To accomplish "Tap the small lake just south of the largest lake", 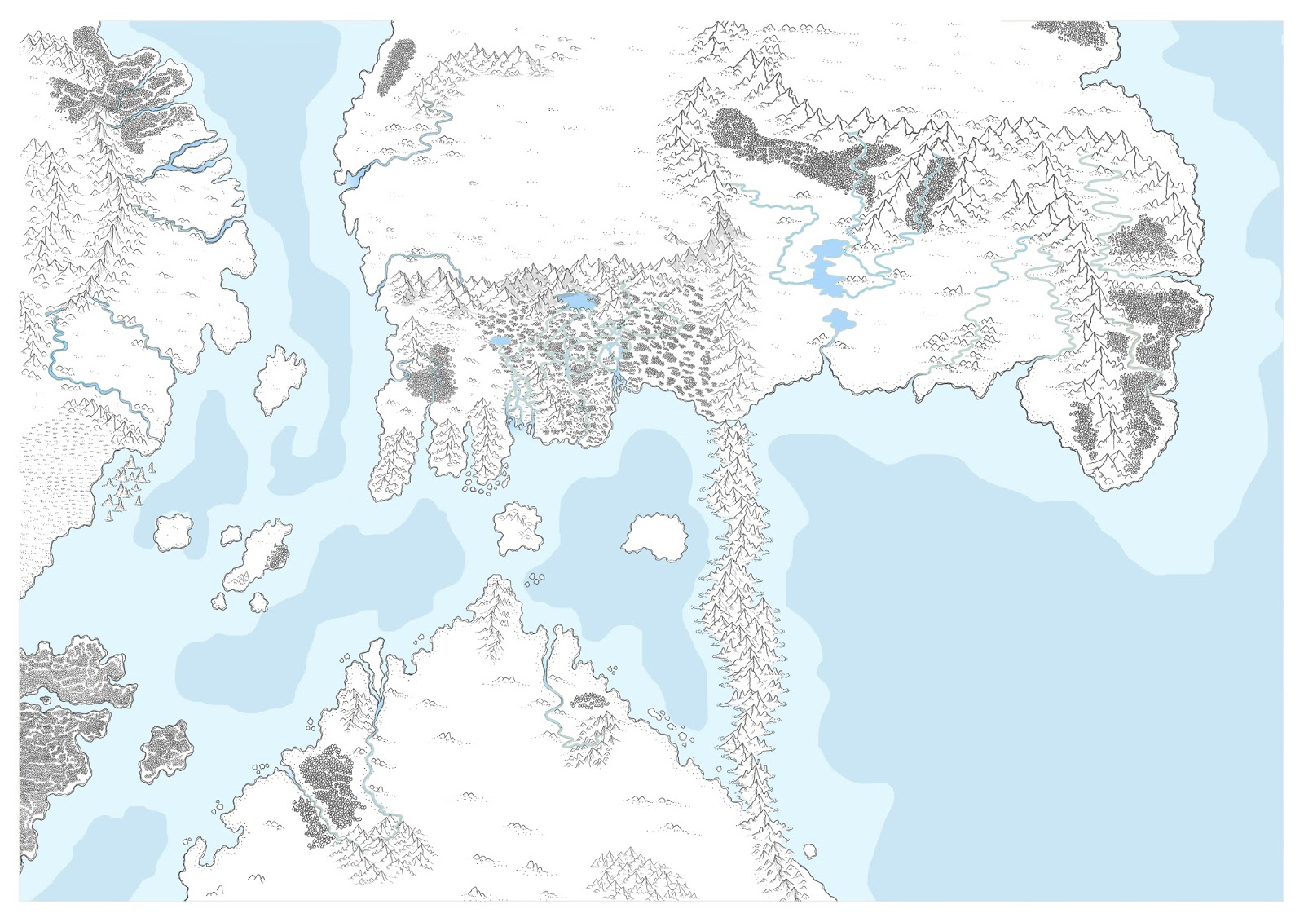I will (x=838, y=320).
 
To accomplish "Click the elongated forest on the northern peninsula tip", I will (x=397, y=67).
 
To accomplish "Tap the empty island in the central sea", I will (x=654, y=536).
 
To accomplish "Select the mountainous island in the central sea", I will (x=518, y=527).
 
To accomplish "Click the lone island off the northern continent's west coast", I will (x=280, y=377).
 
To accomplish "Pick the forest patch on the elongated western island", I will (x=278, y=557).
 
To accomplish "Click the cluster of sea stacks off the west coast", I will (x=126, y=484).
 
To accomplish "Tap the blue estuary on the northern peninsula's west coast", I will (x=352, y=178).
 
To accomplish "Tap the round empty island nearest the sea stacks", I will (x=173, y=532).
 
